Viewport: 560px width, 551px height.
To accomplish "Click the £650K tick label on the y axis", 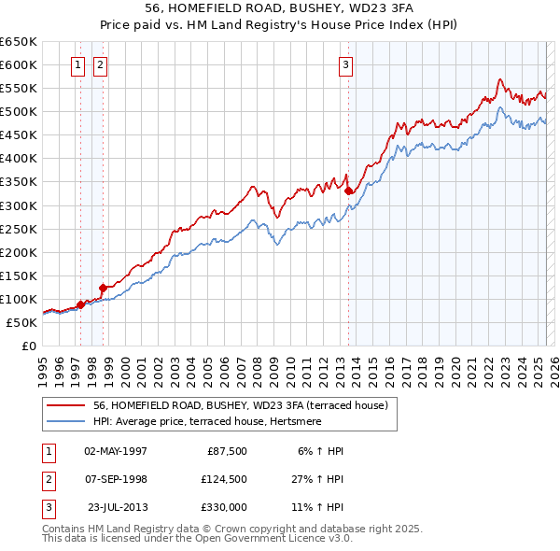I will [19, 42].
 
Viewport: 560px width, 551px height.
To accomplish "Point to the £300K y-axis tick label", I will [19, 205].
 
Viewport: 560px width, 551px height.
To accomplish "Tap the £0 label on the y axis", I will [28, 346].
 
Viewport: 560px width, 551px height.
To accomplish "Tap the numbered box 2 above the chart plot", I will [99, 65].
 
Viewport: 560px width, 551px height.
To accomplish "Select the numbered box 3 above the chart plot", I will [345, 65].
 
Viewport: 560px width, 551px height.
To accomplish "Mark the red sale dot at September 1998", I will [103, 288].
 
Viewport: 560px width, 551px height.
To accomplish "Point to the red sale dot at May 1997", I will [80, 304].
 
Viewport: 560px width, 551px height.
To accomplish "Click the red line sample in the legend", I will [66, 405].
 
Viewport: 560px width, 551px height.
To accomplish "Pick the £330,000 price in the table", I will [225, 506].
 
